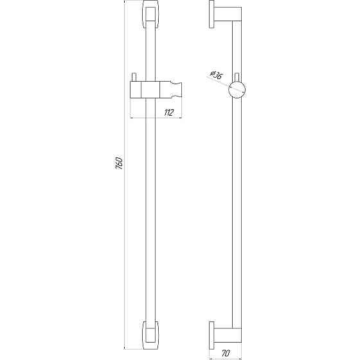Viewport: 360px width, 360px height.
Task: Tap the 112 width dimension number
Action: click(x=169, y=113)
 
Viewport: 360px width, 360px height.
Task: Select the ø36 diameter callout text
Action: click(x=216, y=76)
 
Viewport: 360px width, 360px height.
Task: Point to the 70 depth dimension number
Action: click(x=227, y=353)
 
